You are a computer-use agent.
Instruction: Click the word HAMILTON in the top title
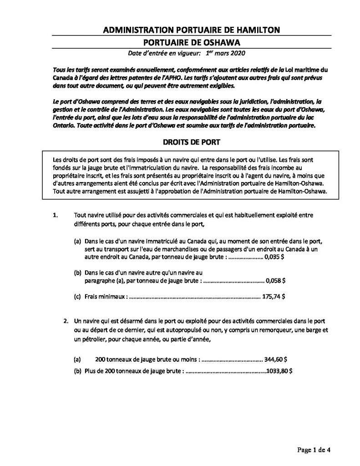coord(260,30)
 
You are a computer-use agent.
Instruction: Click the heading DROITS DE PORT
coord(192,142)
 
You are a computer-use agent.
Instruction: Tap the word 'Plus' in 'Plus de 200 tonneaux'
coord(91,370)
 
